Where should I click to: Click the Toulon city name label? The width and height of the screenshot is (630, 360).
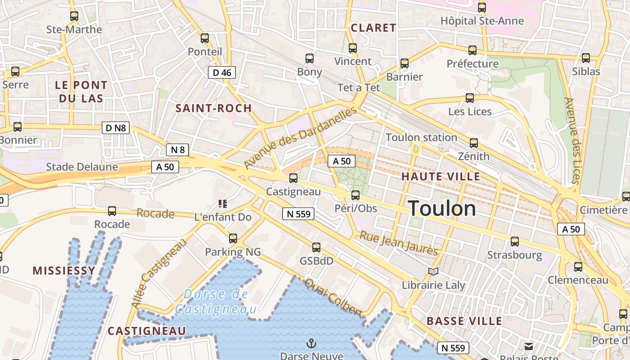click(442, 208)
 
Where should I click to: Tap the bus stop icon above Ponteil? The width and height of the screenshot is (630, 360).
click(205, 38)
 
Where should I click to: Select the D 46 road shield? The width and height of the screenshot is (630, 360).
click(222, 72)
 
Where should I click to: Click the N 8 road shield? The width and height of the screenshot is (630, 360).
click(178, 150)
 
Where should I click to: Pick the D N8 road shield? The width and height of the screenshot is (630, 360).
click(116, 128)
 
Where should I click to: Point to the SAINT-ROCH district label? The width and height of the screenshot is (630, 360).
click(213, 108)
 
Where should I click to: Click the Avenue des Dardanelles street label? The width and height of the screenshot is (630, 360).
click(300, 138)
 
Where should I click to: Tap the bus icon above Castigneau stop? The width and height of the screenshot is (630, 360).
click(293, 178)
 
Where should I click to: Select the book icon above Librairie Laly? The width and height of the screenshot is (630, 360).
click(433, 272)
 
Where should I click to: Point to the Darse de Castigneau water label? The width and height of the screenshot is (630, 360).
click(216, 301)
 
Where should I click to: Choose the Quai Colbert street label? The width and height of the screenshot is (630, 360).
click(333, 297)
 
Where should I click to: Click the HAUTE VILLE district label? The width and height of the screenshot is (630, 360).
click(441, 176)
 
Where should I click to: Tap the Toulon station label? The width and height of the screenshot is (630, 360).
click(422, 137)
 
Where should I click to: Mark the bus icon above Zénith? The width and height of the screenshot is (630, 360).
click(473, 143)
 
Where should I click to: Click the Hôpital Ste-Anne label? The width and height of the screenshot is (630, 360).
click(482, 21)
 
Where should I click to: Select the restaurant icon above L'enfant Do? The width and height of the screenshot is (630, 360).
click(222, 203)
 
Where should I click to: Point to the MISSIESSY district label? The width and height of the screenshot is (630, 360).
click(64, 270)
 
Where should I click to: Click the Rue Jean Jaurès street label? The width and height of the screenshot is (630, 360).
click(399, 243)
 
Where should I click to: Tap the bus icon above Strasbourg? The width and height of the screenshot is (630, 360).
click(515, 242)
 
